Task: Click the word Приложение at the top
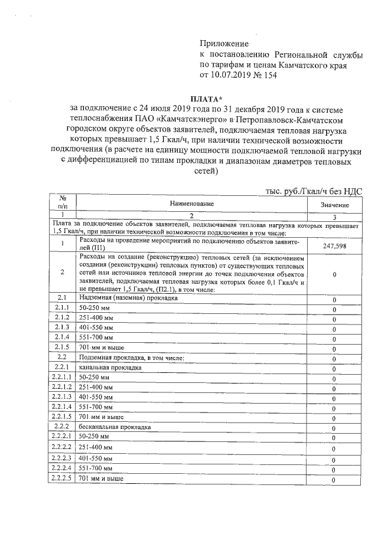pyautogui.click(x=224, y=44)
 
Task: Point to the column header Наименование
pyautogui.click(x=192, y=204)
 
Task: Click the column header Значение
pyautogui.click(x=334, y=204)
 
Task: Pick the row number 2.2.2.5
pyautogui.click(x=62, y=479)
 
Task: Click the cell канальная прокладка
pyautogui.click(x=110, y=367)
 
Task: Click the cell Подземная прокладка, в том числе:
pyautogui.click(x=133, y=357)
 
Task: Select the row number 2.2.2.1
pyautogui.click(x=62, y=436)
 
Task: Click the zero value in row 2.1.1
pyautogui.click(x=334, y=309)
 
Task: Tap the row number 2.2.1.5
pyautogui.click(x=62, y=416)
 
